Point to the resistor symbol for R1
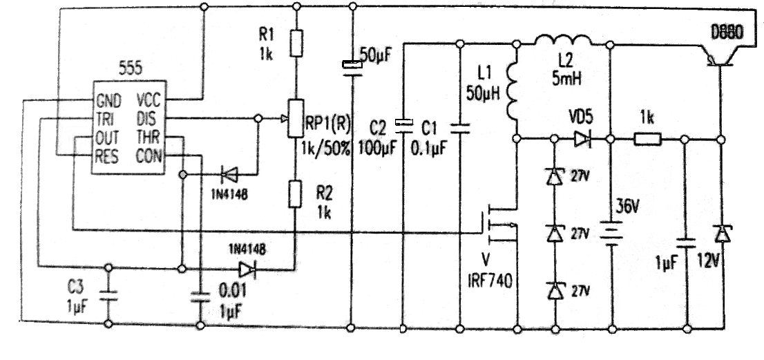pyautogui.click(x=297, y=43)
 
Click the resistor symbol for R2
pyautogui.click(x=297, y=193)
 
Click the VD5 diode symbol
pyautogui.click(x=581, y=140)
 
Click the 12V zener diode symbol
pyautogui.click(x=722, y=235)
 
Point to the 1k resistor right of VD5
pyautogui.click(x=648, y=140)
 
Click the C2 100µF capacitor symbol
pyautogui.click(x=403, y=125)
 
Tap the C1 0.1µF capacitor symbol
pyautogui.click(x=459, y=126)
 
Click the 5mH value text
pyautogui.click(x=567, y=78)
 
